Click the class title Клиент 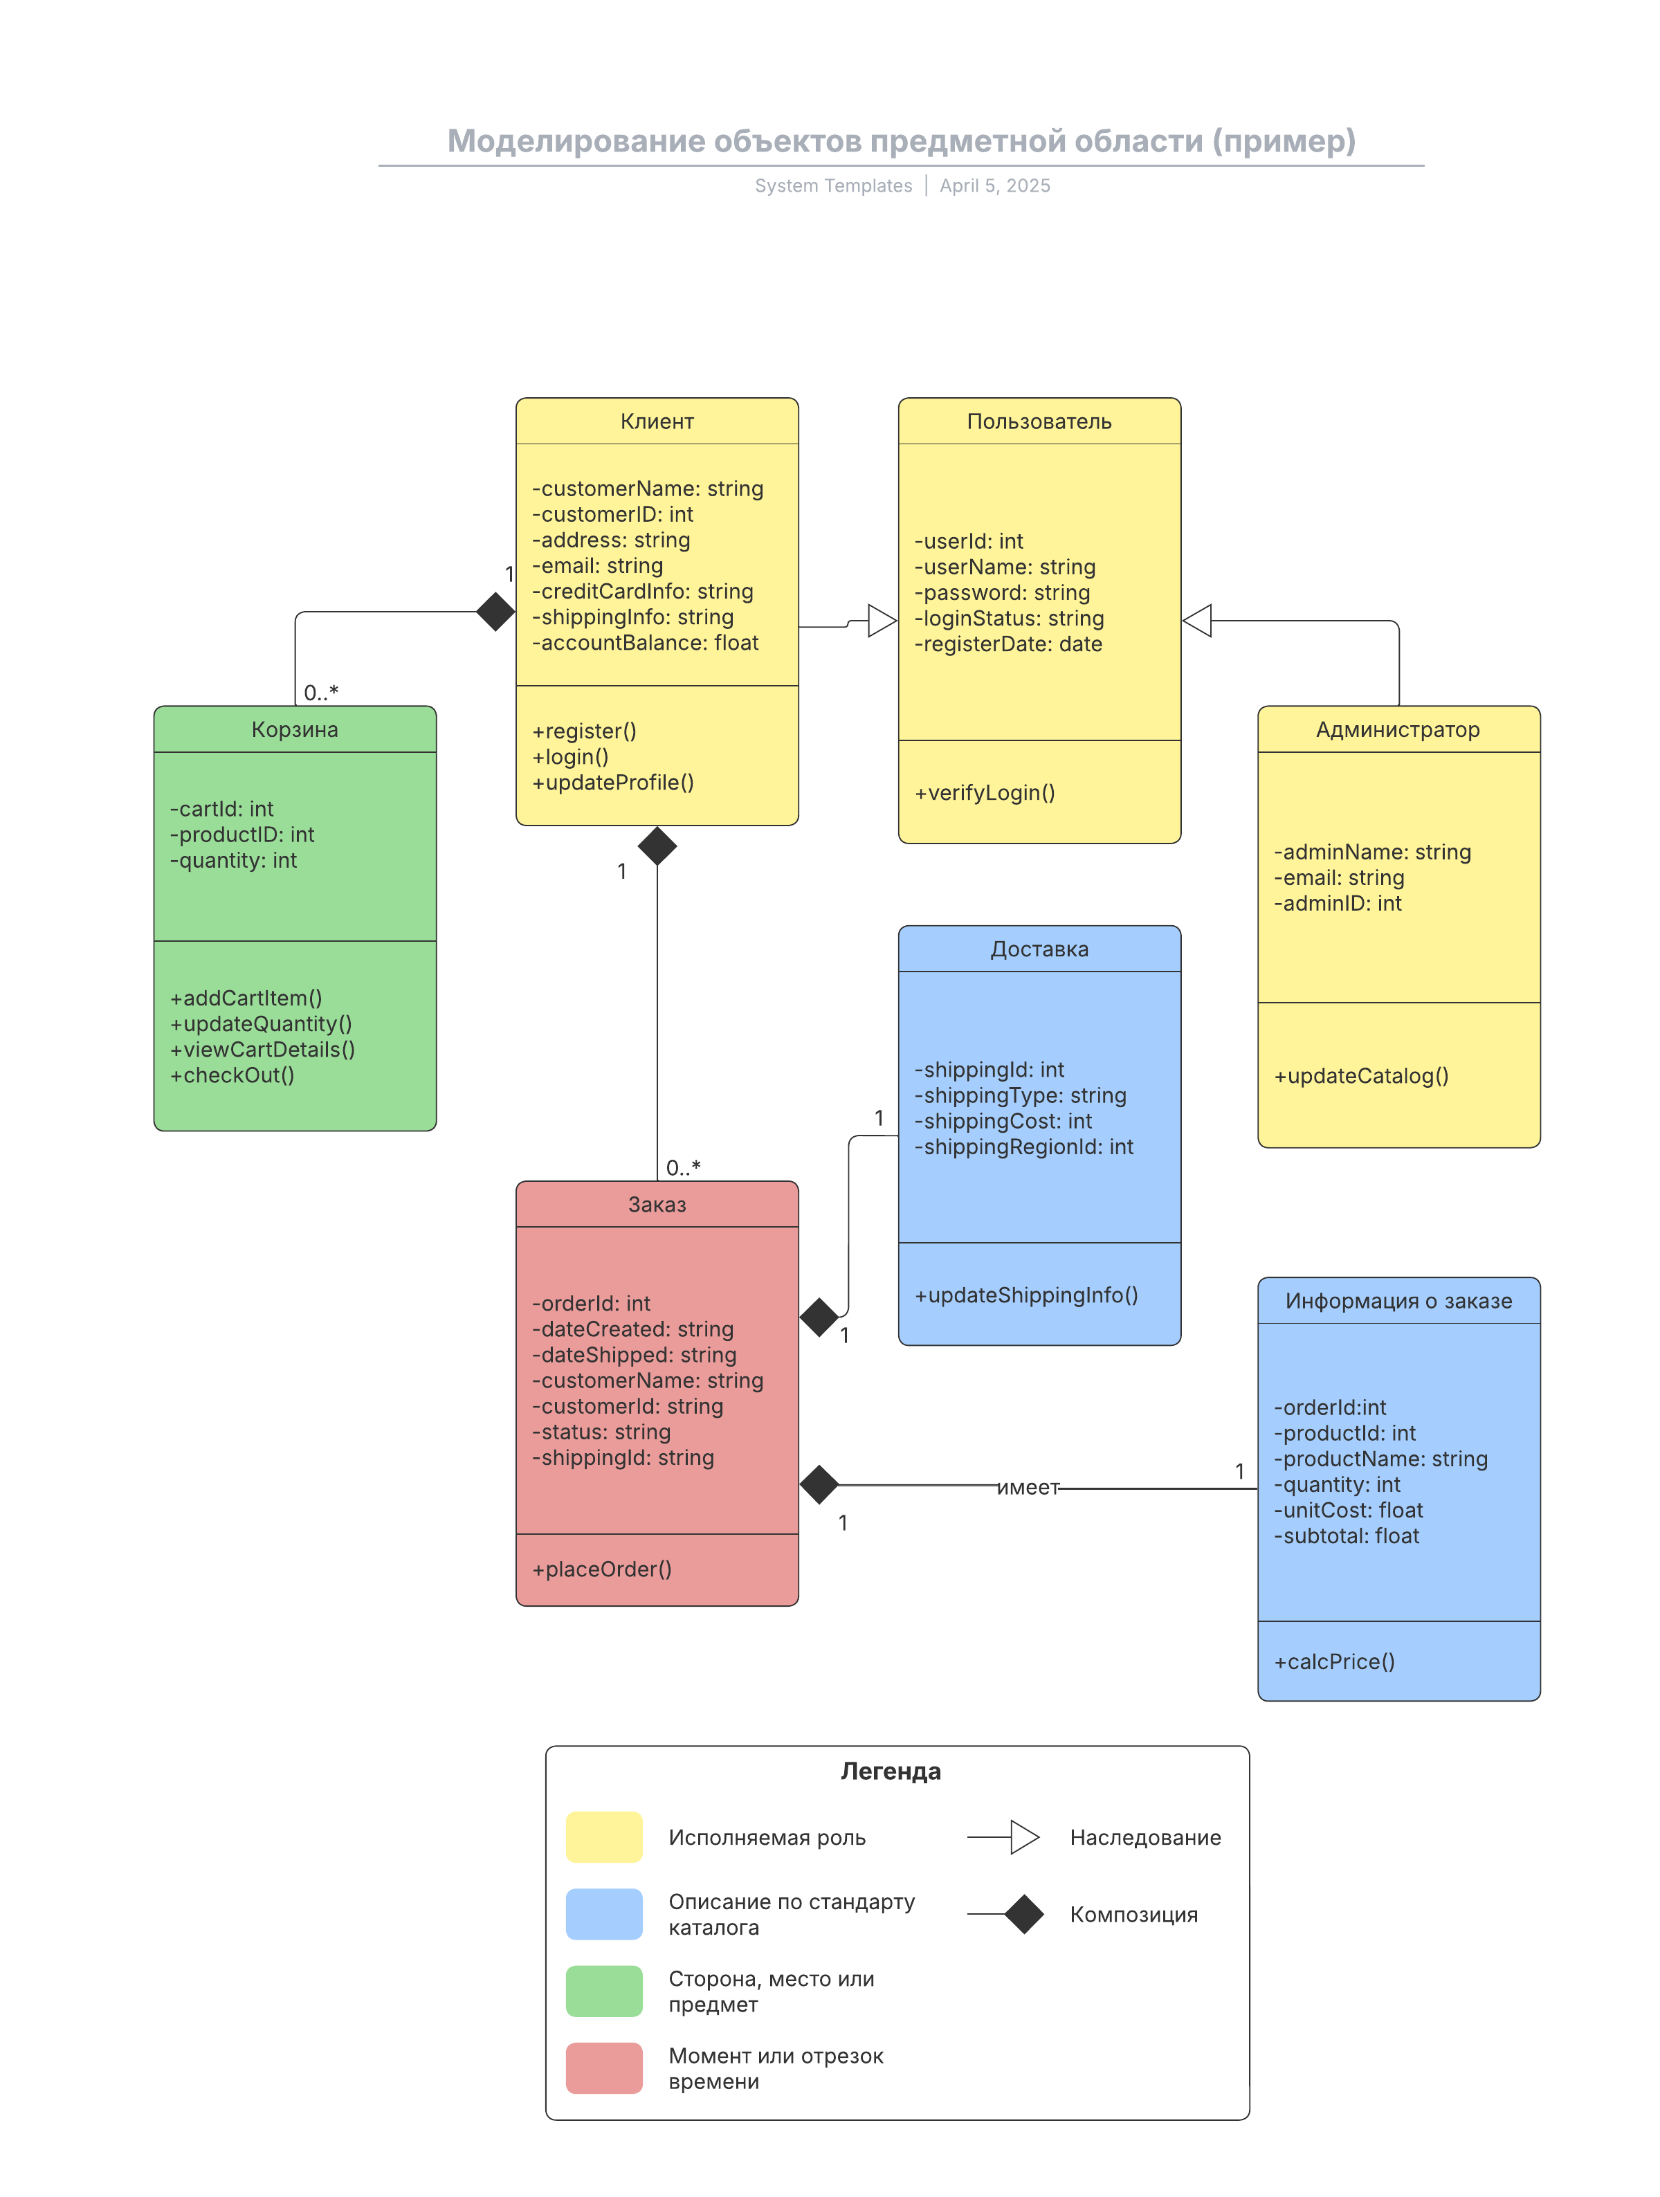(x=657, y=421)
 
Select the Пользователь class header (x=1039, y=421)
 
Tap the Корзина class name (x=295, y=729)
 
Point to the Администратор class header (x=1398, y=730)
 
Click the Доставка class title (x=1039, y=949)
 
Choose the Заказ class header (x=657, y=1204)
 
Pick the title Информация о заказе (x=1398, y=1300)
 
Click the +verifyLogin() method (x=985, y=792)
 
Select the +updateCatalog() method (x=1361, y=1075)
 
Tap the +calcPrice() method (x=1334, y=1661)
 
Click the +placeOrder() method (x=602, y=1569)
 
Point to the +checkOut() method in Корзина (x=232, y=1075)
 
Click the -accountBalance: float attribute (x=645, y=643)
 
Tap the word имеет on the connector (x=1028, y=1487)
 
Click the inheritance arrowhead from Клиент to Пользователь (x=882, y=621)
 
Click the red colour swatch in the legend (x=604, y=2068)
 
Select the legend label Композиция (x=1133, y=1915)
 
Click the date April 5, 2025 (x=994, y=185)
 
